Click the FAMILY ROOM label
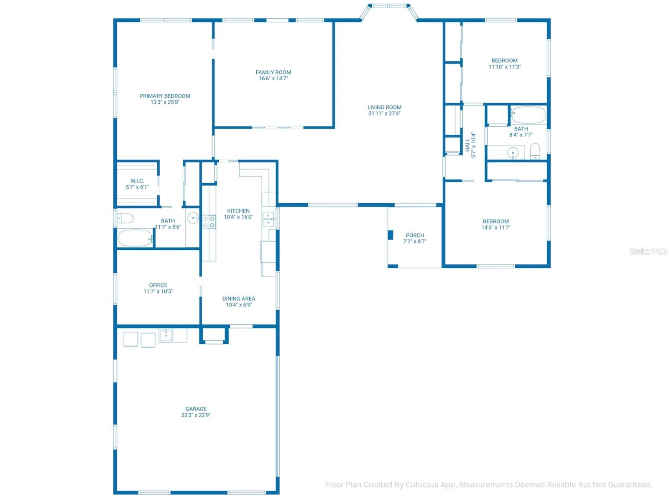point(273,72)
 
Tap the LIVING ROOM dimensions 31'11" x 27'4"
point(384,113)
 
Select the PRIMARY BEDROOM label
point(165,96)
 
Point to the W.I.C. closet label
point(137,181)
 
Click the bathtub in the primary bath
point(135,238)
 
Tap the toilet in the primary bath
point(125,218)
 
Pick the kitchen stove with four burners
point(209,222)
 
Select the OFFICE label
point(158,285)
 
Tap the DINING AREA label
point(239,299)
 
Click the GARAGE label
point(196,409)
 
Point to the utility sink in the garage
point(166,335)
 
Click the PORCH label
point(415,235)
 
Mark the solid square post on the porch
point(390,235)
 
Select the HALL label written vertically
point(467,145)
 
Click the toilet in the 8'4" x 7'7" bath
point(535,151)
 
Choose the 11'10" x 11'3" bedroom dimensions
point(504,67)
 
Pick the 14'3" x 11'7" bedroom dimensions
point(495,228)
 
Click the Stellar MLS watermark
point(648,251)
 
